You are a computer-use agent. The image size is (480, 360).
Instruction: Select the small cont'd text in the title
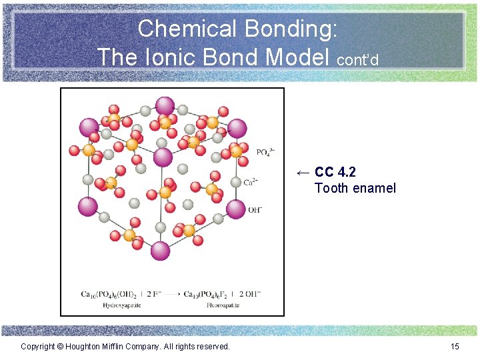[x=358, y=60]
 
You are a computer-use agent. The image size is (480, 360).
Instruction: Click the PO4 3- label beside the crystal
[x=265, y=153]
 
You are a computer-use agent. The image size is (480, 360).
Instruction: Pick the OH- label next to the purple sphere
[x=256, y=210]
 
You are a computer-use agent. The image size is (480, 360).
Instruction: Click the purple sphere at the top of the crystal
[x=165, y=105]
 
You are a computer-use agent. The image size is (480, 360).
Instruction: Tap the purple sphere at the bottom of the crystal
[x=160, y=251]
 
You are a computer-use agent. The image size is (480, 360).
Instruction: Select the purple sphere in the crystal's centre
[x=163, y=157]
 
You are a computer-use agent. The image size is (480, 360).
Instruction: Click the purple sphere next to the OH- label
[x=235, y=209]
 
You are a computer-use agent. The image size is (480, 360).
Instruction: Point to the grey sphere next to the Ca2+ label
[x=235, y=182]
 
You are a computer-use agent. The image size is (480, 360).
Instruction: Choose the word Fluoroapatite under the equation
[x=204, y=305]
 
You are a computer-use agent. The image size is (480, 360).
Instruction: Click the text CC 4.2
[x=335, y=173]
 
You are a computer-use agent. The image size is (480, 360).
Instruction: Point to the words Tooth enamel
[x=355, y=188]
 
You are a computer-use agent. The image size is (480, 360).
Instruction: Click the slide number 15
[x=455, y=346]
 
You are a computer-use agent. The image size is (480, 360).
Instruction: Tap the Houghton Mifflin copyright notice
[x=125, y=346]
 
